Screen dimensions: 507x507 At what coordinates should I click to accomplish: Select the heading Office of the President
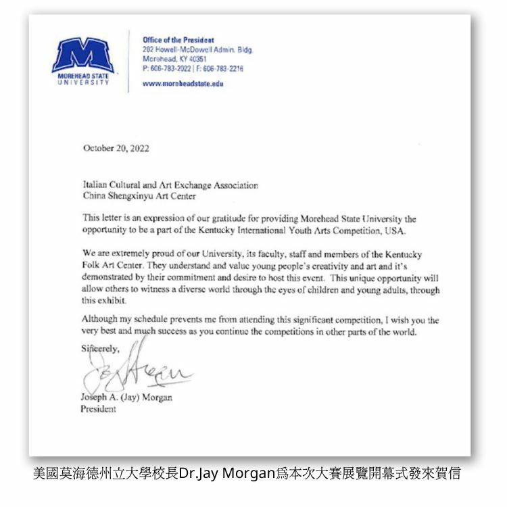(178, 41)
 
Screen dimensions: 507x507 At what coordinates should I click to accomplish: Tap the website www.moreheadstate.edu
(183, 84)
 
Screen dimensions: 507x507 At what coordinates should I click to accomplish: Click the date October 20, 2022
(116, 149)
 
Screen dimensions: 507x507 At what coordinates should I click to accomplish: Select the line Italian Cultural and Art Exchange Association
(170, 185)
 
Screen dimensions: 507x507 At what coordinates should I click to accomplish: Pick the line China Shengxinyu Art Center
(139, 197)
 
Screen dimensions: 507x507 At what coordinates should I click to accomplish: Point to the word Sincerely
(100, 349)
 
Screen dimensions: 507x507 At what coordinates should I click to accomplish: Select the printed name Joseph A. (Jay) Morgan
(126, 397)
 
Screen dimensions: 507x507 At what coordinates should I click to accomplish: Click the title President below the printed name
(99, 409)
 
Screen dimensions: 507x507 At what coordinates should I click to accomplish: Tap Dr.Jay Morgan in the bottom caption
(227, 473)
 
